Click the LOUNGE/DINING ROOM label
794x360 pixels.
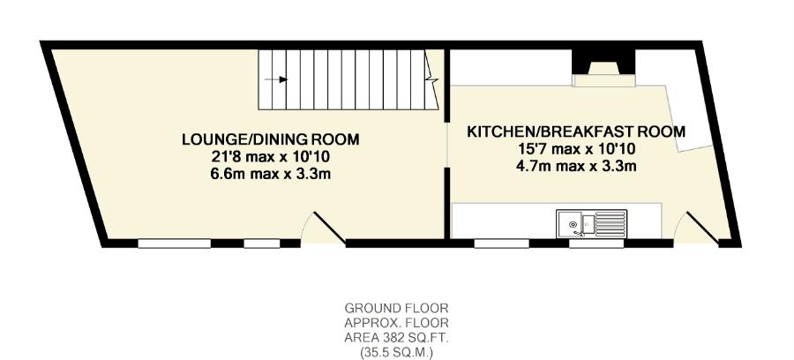(x=270, y=139)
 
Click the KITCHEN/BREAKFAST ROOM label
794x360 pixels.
(x=576, y=131)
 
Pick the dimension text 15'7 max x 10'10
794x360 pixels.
(x=576, y=148)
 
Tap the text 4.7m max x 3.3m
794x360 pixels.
(x=576, y=165)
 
